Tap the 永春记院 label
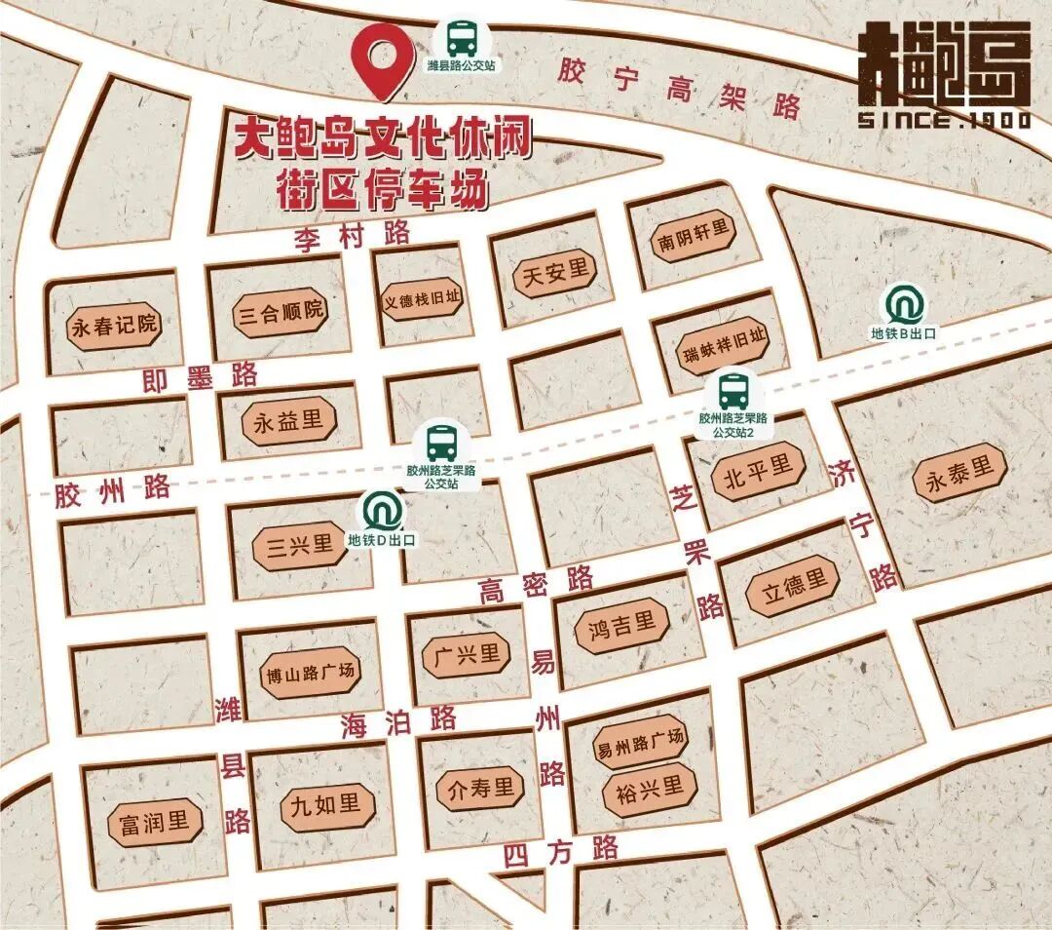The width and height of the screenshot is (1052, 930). (x=114, y=326)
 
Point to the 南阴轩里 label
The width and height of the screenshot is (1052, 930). (x=694, y=238)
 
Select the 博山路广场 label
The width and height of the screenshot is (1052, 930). (x=310, y=673)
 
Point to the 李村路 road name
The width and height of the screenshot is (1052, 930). (x=353, y=236)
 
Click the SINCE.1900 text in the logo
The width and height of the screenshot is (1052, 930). (x=943, y=120)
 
